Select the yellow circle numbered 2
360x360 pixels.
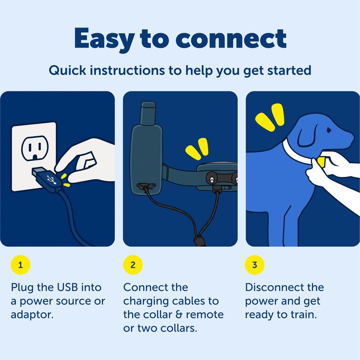click(133, 265)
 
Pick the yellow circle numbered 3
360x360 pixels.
click(254, 265)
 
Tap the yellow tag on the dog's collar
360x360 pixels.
click(321, 162)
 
